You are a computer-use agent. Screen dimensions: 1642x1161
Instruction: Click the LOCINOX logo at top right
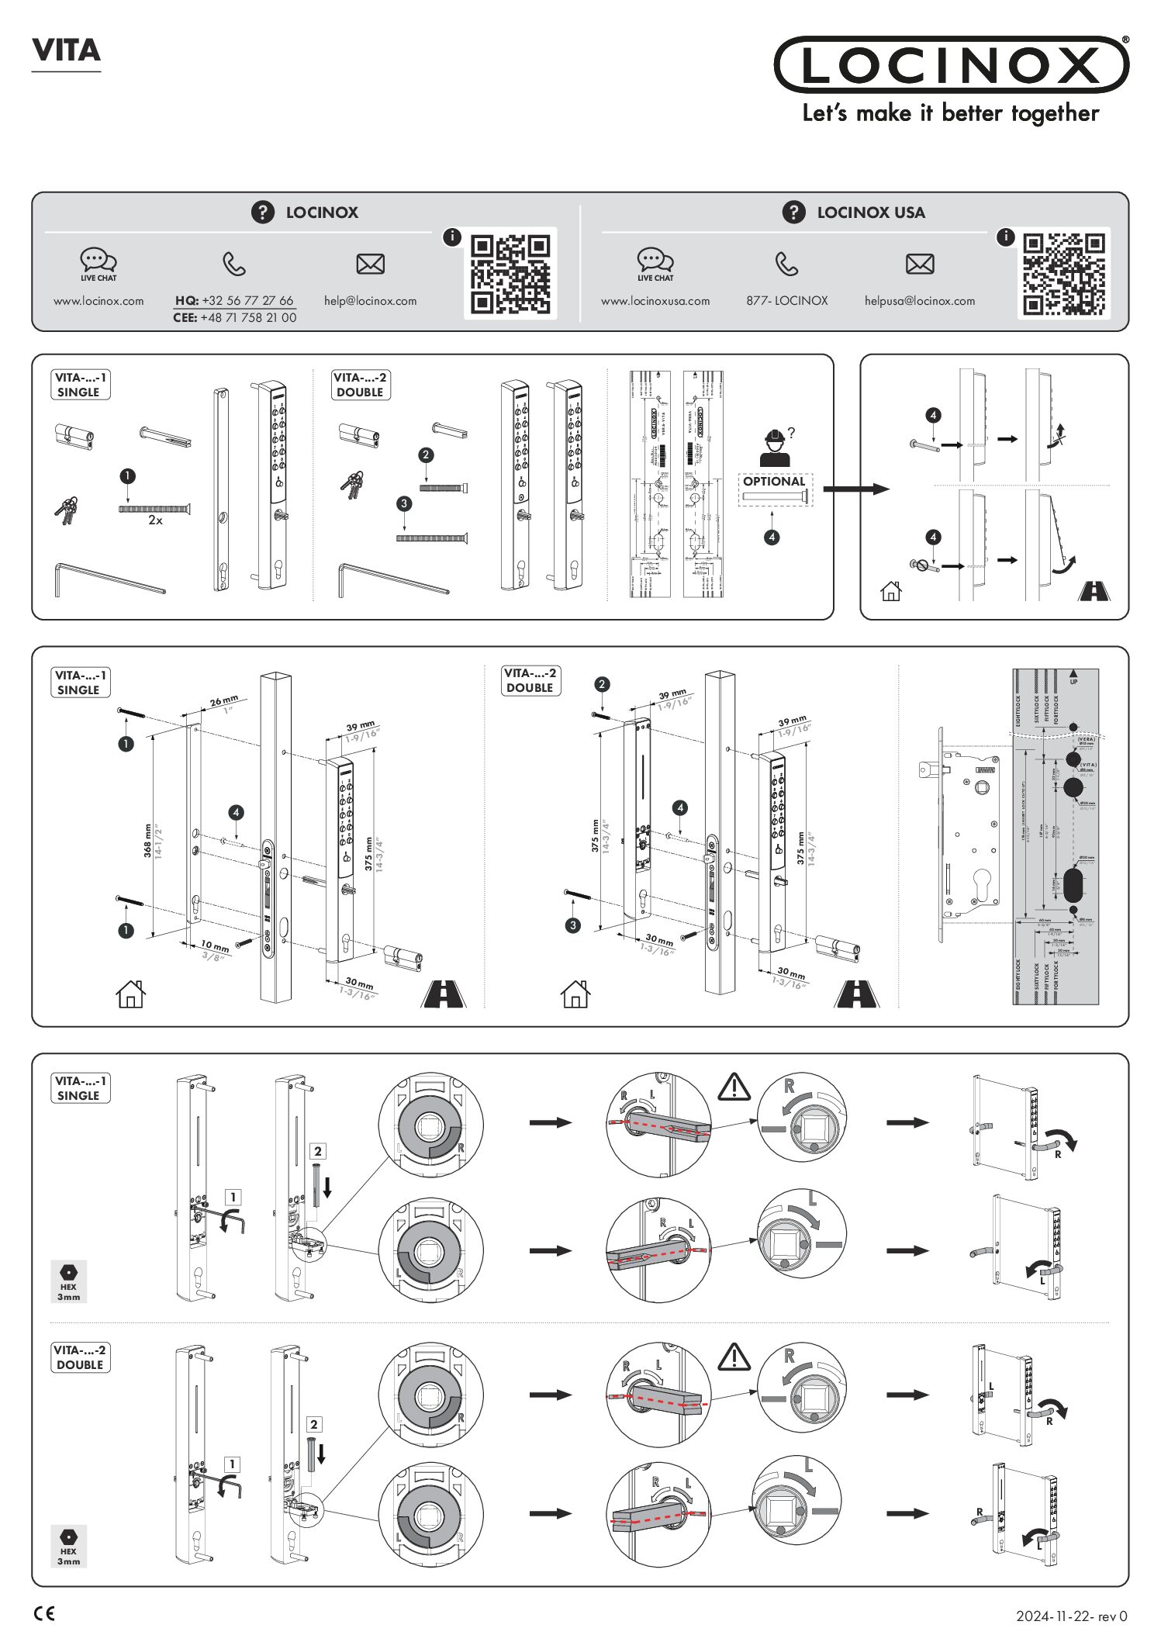pyautogui.click(x=951, y=65)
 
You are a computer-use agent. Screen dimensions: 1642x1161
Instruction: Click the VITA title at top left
pyautogui.click(x=66, y=51)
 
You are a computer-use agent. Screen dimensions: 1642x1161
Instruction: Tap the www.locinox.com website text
pyautogui.click(x=98, y=301)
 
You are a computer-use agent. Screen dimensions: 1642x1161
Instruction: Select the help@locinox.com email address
pyautogui.click(x=370, y=301)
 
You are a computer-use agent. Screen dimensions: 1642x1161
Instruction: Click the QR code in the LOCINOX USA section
pyautogui.click(x=1063, y=273)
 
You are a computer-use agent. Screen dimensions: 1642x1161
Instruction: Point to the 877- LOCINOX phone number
pyautogui.click(x=786, y=301)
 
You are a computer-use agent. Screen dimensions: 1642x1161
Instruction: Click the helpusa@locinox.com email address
pyautogui.click(x=919, y=301)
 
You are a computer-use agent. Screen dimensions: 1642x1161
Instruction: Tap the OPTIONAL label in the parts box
pyautogui.click(x=773, y=481)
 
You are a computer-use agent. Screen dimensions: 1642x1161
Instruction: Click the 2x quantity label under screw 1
pyautogui.click(x=155, y=520)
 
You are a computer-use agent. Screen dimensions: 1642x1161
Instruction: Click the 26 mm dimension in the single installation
pyautogui.click(x=223, y=701)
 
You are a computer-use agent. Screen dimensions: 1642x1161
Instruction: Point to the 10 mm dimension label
pyautogui.click(x=215, y=945)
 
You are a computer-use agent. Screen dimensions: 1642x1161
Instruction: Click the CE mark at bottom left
pyautogui.click(x=45, y=1614)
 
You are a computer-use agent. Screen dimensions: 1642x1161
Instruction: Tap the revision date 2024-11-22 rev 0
pyautogui.click(x=1071, y=1616)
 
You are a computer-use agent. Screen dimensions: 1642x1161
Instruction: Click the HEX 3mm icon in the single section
pyautogui.click(x=68, y=1281)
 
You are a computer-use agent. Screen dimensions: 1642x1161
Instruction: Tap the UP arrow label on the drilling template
pyautogui.click(x=1073, y=676)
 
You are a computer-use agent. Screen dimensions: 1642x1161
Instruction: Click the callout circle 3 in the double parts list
pyautogui.click(x=404, y=503)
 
